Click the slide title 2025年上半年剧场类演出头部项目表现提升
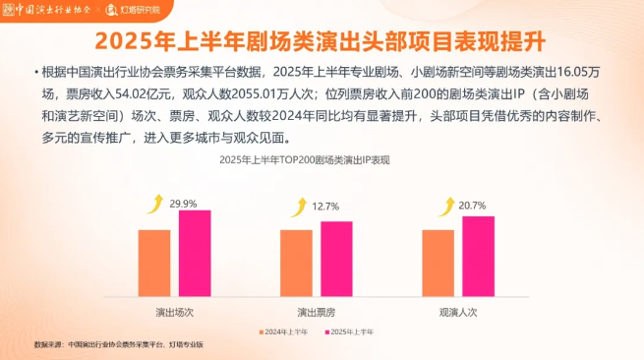(x=322, y=42)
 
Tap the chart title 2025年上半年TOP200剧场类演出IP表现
(x=304, y=159)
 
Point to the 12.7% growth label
(x=325, y=206)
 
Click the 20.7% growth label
(x=472, y=205)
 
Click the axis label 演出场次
(x=174, y=311)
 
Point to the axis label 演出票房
(x=317, y=311)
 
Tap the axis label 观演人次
(x=458, y=311)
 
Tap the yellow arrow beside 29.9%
(x=154, y=205)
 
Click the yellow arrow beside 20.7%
(x=439, y=206)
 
